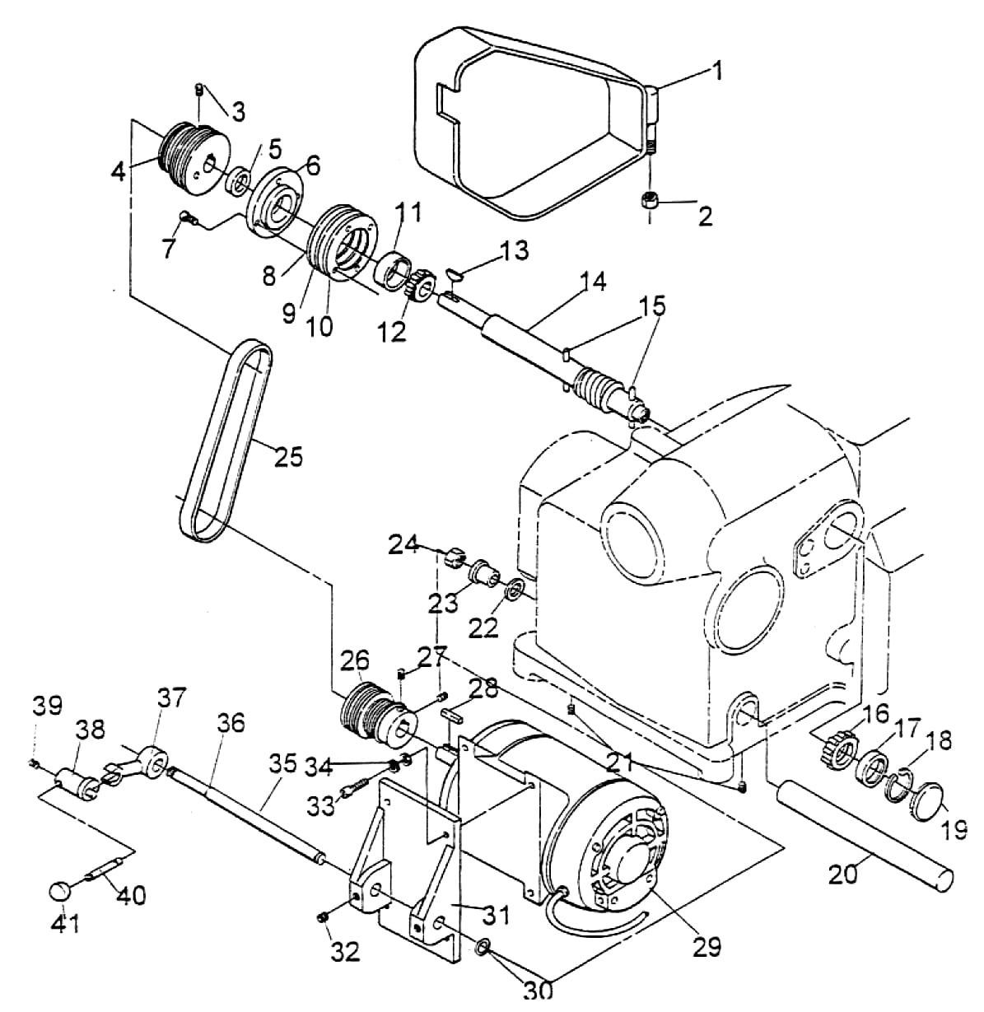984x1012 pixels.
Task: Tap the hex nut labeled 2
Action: [x=649, y=200]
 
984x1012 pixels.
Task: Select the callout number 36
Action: [x=231, y=723]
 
